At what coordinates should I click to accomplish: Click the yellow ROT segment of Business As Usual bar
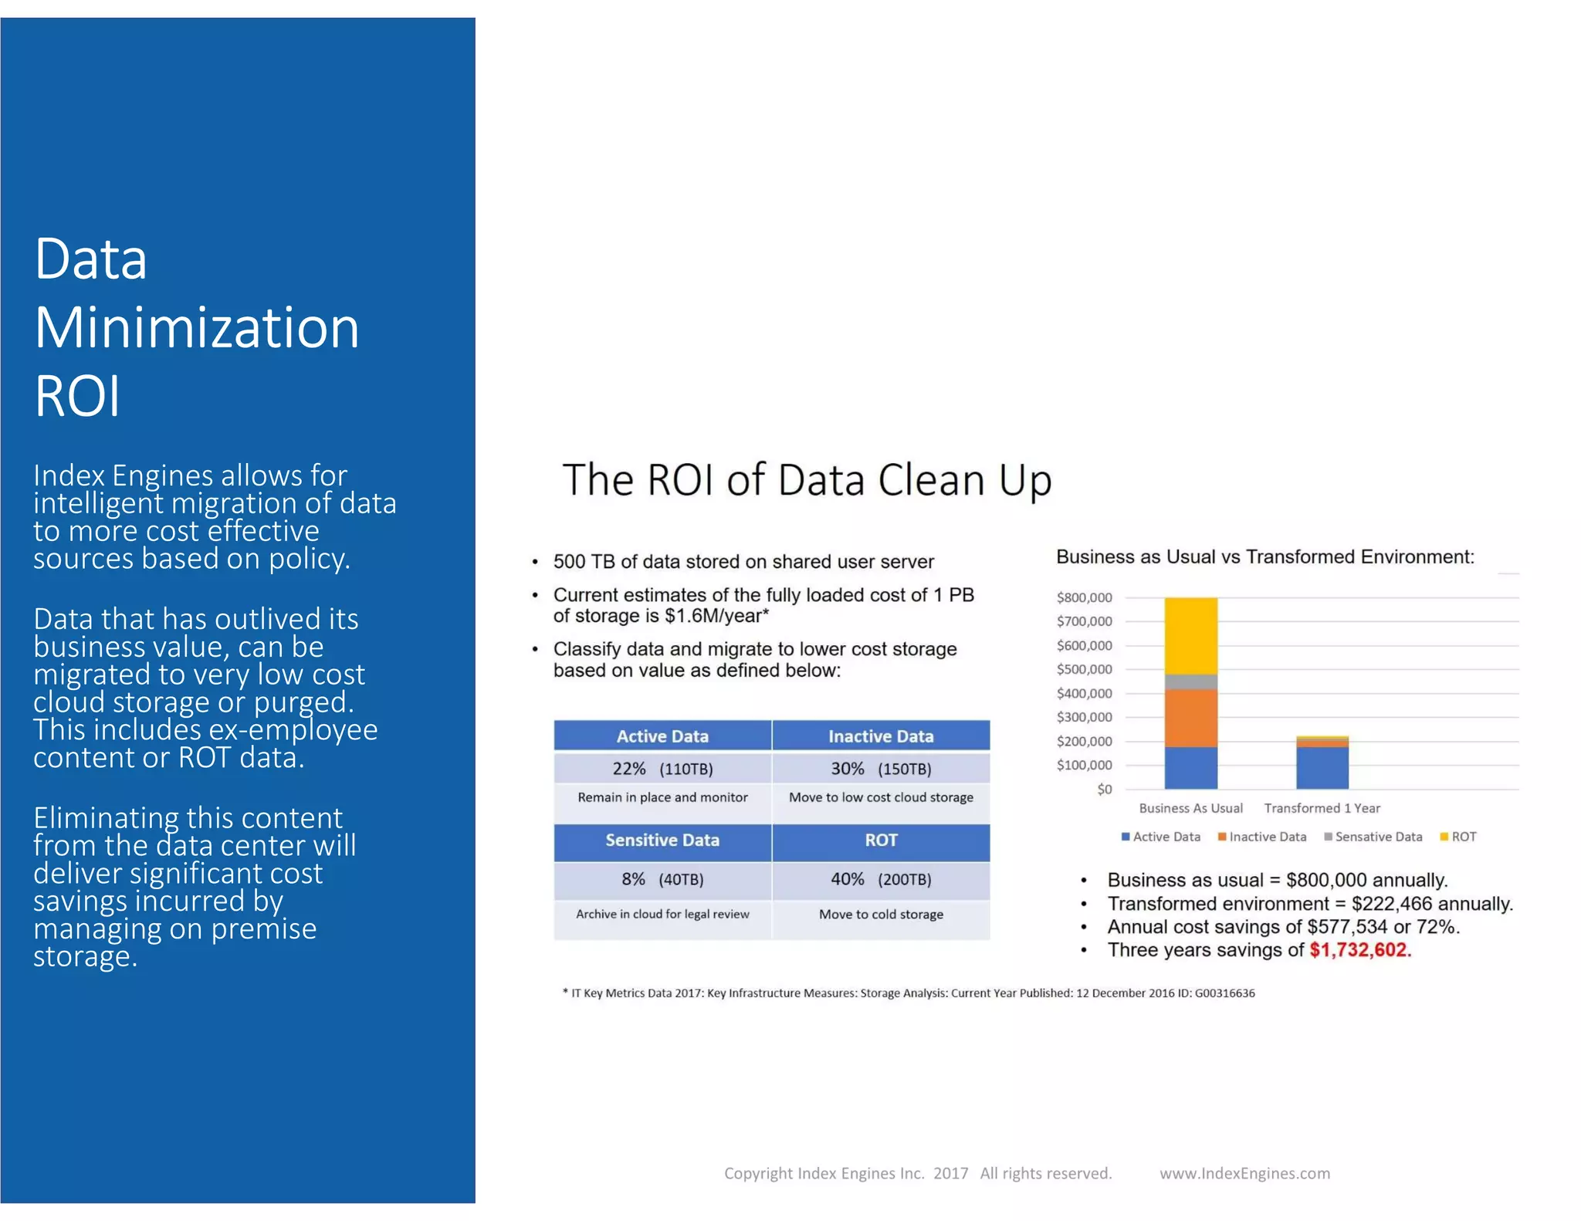(x=1190, y=635)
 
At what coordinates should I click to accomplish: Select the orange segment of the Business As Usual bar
(x=1190, y=718)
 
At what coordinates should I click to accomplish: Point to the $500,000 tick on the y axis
(x=1084, y=669)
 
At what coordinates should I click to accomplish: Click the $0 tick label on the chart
(x=1104, y=789)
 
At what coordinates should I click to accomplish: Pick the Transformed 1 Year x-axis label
(x=1322, y=808)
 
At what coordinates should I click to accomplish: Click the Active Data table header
(x=662, y=736)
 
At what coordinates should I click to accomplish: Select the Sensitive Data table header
(x=662, y=840)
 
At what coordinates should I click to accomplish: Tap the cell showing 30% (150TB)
(x=881, y=769)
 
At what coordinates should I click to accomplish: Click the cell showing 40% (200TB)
(x=881, y=879)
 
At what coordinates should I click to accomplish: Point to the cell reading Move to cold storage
(x=881, y=915)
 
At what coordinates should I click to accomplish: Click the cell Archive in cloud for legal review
(x=662, y=915)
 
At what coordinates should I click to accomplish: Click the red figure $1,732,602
(x=1359, y=950)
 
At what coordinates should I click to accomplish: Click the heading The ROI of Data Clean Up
(x=807, y=480)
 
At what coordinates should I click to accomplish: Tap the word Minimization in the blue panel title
(x=197, y=327)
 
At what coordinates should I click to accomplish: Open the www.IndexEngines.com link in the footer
(x=1244, y=1174)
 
